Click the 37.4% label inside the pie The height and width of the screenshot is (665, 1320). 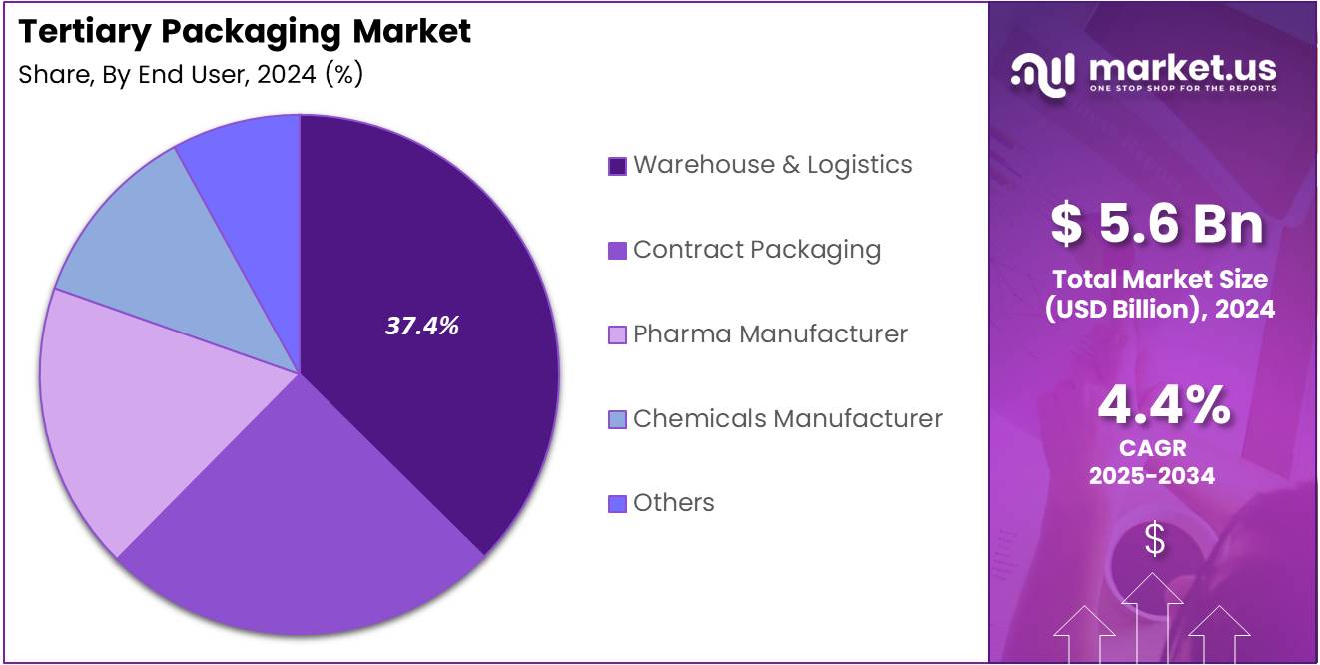click(x=422, y=326)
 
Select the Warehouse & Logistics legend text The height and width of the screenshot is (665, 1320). click(x=772, y=165)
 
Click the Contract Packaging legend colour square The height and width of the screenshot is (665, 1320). click(x=617, y=251)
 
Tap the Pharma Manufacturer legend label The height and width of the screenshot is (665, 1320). click(x=770, y=333)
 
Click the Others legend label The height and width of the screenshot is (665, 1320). click(x=674, y=502)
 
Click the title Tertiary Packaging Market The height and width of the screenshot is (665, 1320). click(x=245, y=32)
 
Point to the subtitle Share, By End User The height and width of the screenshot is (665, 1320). click(x=190, y=75)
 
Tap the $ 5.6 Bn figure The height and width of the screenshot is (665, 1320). click(x=1156, y=224)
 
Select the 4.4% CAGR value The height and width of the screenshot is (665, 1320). click(x=1163, y=404)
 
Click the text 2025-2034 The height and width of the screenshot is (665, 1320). click(x=1152, y=476)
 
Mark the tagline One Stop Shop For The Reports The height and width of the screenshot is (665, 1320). click(x=1181, y=88)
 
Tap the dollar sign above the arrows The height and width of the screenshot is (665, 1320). click(x=1154, y=540)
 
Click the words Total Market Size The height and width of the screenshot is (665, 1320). click(x=1158, y=279)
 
